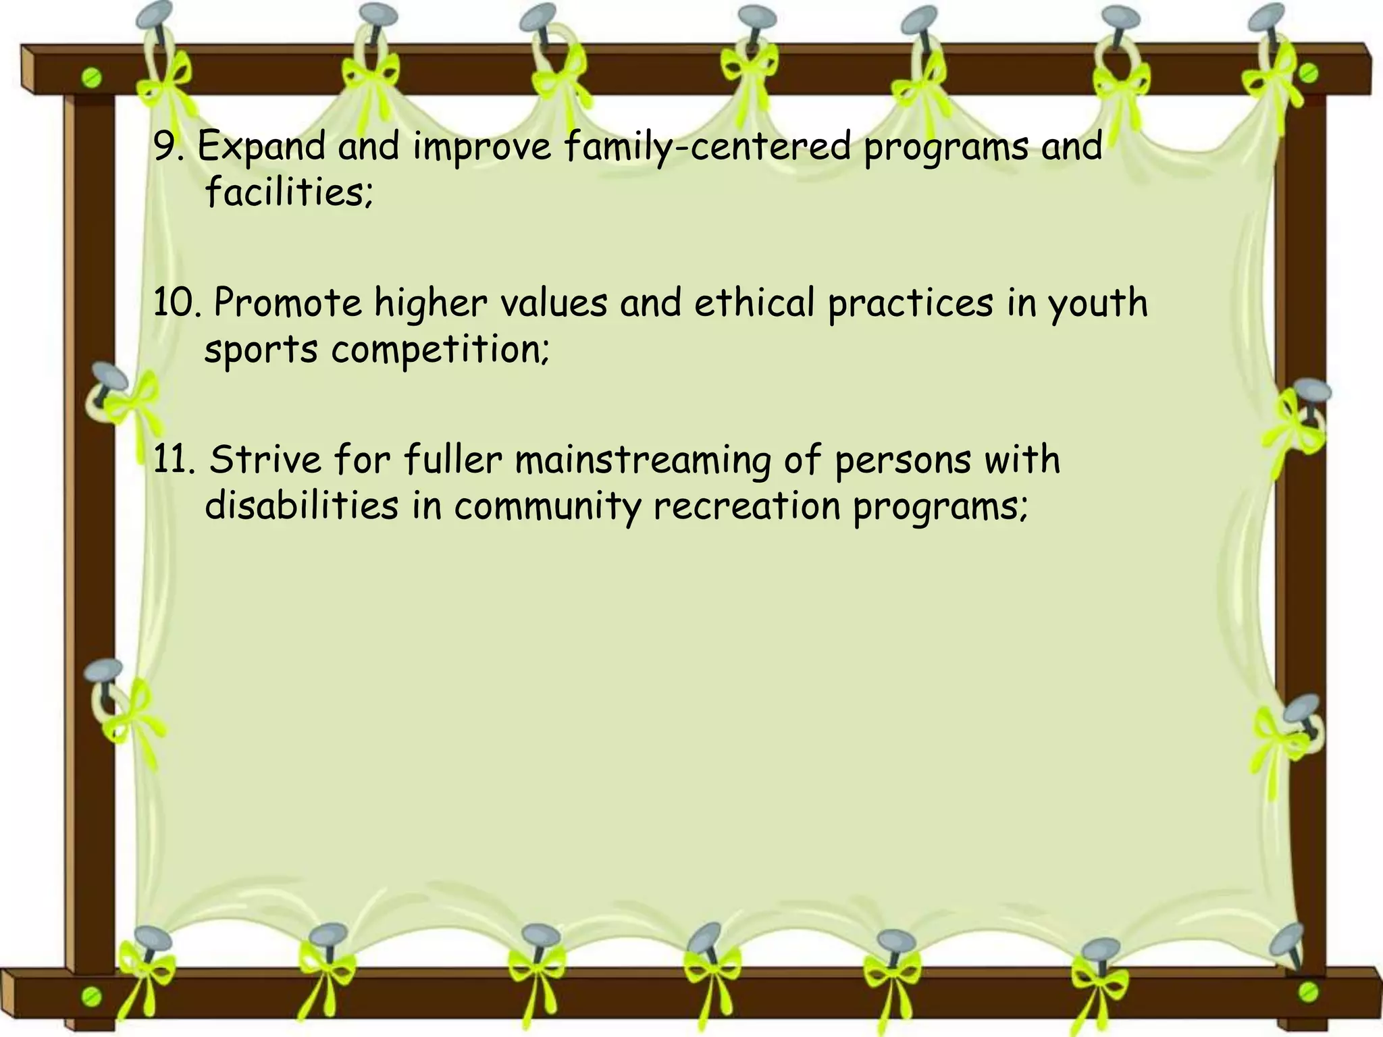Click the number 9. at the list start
coord(168,147)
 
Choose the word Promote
coord(288,303)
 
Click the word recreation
coord(747,506)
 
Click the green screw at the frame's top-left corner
coord(93,79)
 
